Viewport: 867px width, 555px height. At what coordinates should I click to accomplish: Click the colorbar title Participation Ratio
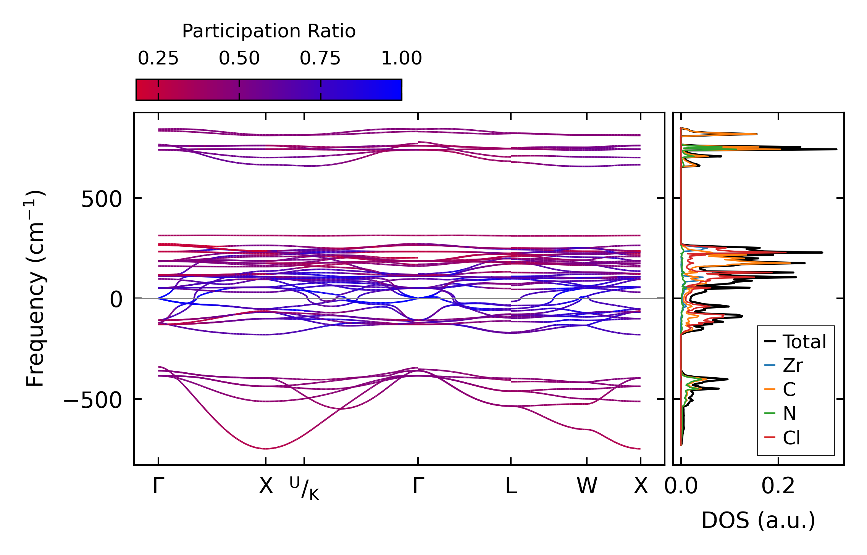point(269,31)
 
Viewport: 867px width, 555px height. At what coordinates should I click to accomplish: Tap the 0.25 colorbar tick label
point(158,58)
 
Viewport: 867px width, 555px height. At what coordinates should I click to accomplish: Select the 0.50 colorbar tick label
point(239,58)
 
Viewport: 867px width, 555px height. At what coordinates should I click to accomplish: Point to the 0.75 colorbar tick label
point(320,58)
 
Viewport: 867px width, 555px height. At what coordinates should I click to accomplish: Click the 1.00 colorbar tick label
point(402,58)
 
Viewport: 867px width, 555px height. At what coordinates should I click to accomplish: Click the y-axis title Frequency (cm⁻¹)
point(35,288)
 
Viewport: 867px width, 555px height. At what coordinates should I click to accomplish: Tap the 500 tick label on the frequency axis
point(102,199)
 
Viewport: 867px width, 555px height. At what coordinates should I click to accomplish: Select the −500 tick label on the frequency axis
point(93,400)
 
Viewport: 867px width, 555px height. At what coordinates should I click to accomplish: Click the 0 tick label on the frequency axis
point(116,299)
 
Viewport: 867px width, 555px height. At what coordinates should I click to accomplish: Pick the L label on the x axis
point(511,486)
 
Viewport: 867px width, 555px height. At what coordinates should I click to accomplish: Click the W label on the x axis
point(587,486)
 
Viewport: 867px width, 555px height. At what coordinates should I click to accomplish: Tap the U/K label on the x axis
point(304,489)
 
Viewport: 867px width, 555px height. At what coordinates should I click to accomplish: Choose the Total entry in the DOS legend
point(795,341)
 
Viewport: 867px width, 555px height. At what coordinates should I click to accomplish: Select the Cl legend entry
point(781,438)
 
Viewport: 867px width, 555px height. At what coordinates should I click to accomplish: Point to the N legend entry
point(780,413)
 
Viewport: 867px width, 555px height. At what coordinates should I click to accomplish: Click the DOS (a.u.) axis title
point(758,520)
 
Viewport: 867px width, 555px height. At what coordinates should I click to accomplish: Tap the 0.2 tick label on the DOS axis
point(778,486)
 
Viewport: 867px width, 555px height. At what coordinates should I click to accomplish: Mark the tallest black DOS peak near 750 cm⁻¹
point(836,149)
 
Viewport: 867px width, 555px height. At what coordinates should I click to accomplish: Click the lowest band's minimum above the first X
point(266,449)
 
